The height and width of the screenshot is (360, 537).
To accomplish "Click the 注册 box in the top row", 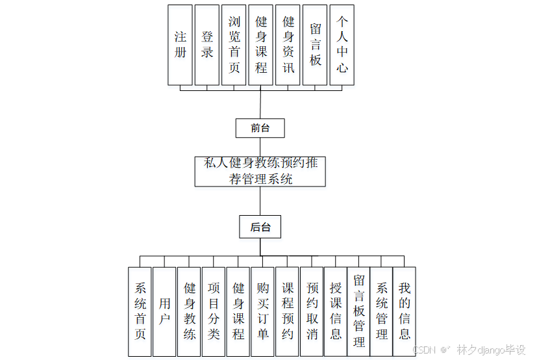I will pos(180,45).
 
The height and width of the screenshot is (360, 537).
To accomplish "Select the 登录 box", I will pos(207,45).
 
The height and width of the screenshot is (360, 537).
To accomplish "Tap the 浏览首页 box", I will pos(234,45).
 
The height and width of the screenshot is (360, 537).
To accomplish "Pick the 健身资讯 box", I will pos(288,45).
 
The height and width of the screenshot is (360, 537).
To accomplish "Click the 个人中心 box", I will pos(342,45).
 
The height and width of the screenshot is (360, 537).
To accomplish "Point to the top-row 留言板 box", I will pos(315,45).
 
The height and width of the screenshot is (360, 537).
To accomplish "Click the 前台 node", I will pos(260,128).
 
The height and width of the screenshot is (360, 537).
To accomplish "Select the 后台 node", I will pos(260,227).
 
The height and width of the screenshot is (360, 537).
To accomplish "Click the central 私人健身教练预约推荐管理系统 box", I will pos(260,171).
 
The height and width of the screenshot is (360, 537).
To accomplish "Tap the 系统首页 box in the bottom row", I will pos(140,311).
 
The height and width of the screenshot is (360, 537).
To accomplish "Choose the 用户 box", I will pos(164,311).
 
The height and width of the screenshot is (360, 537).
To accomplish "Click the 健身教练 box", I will pos(189,311).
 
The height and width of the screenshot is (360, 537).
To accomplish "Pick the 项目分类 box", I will pos(214,311).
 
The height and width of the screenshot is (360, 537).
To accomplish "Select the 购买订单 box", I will pos(262,311).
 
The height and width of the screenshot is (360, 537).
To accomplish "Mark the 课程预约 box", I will pos(287,311).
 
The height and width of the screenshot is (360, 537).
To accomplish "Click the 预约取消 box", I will pos(312,311).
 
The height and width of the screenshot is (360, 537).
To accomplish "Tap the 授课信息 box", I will pos(336,311).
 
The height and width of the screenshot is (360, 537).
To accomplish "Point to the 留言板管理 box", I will pos(358,311).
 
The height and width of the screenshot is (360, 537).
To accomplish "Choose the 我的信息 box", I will pos(405,311).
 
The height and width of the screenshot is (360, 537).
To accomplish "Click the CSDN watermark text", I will pos(423,350).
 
